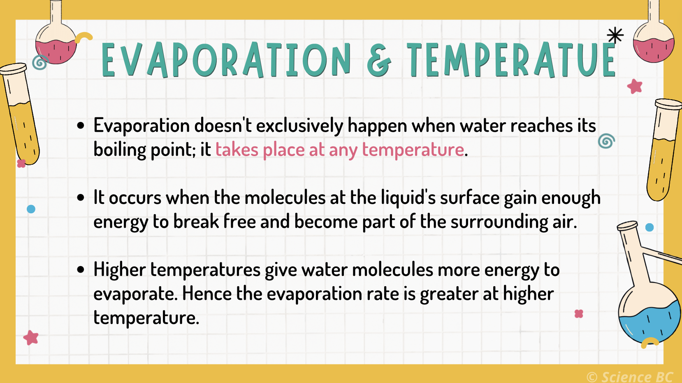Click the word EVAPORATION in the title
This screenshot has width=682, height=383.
tap(226, 61)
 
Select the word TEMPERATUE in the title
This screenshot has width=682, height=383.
tap(511, 61)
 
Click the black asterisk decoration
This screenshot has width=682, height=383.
tap(615, 35)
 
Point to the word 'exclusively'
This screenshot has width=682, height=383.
tap(299, 126)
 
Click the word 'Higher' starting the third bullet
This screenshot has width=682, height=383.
tap(119, 270)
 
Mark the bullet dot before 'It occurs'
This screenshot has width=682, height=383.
tap(81, 198)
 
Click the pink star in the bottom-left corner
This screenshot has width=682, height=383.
tap(31, 338)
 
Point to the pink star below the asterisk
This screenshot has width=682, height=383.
tap(635, 86)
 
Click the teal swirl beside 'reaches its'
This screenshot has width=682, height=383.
tap(606, 141)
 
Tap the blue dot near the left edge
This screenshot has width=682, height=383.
tap(31, 209)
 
